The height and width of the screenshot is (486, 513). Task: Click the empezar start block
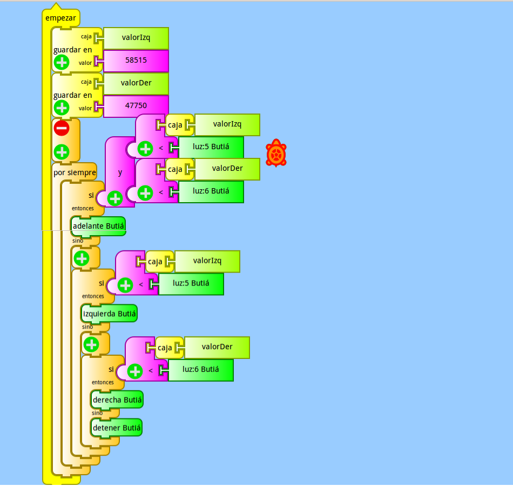(61, 18)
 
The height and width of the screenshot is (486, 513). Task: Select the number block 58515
(136, 61)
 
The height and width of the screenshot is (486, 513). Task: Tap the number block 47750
(136, 106)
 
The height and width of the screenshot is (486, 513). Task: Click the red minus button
(62, 128)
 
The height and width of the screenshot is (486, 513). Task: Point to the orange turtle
(276, 153)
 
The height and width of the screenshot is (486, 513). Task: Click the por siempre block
(75, 172)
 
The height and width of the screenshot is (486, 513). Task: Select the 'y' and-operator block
(120, 172)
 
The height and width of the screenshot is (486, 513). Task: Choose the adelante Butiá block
(98, 226)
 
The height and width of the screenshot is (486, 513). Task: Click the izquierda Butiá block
(109, 314)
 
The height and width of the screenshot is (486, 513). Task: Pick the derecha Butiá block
(117, 400)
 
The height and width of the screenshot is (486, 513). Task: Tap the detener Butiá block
(117, 428)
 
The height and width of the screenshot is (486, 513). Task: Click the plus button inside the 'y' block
(115, 198)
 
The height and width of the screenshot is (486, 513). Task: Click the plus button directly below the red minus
(62, 152)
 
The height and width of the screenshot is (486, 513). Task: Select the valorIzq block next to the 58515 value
(136, 38)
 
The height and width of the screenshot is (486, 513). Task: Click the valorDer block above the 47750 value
(136, 83)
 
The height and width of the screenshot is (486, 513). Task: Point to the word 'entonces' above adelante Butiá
(83, 208)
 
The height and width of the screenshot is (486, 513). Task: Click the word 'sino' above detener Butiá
(97, 413)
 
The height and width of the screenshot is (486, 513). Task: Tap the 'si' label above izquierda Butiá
(102, 283)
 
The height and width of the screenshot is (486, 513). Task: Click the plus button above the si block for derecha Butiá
(91, 344)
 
